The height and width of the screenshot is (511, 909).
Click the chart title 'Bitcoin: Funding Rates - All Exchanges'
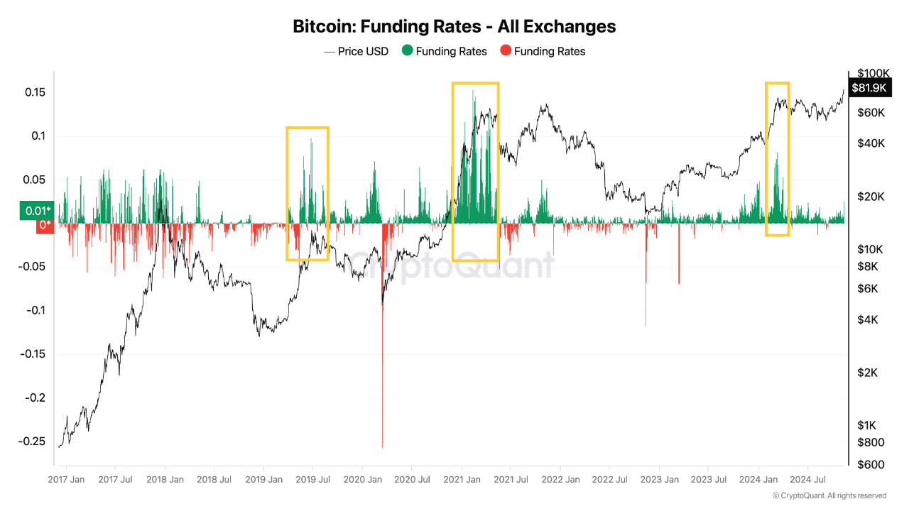[x=454, y=26]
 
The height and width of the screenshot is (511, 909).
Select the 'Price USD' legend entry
[x=356, y=51]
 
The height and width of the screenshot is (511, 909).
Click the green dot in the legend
[x=407, y=51]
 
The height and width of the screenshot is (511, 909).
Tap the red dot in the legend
[x=505, y=51]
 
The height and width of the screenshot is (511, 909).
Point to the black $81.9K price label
[x=869, y=87]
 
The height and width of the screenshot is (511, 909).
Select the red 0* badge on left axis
[x=45, y=226]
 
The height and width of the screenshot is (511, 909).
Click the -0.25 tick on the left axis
[x=34, y=441]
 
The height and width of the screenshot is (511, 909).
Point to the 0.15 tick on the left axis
[x=36, y=92]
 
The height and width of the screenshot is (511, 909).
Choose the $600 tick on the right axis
[x=870, y=464]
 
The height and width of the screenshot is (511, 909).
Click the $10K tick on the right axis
[x=870, y=249]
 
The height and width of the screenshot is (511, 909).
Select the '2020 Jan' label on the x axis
[x=362, y=480]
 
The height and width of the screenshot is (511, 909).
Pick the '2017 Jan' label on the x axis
[x=66, y=480]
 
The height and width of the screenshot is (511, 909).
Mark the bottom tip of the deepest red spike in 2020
[x=383, y=447]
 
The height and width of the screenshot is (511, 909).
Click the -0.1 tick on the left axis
[x=36, y=310]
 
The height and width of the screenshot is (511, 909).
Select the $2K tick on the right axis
[x=868, y=373]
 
